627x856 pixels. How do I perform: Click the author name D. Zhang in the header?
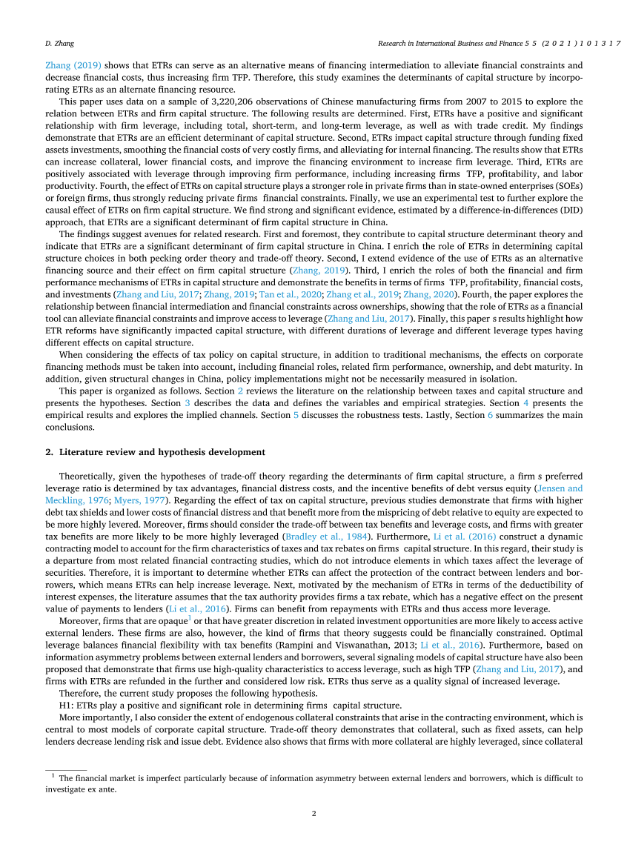coord(59,44)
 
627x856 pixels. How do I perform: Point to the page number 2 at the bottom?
coord(313,813)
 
